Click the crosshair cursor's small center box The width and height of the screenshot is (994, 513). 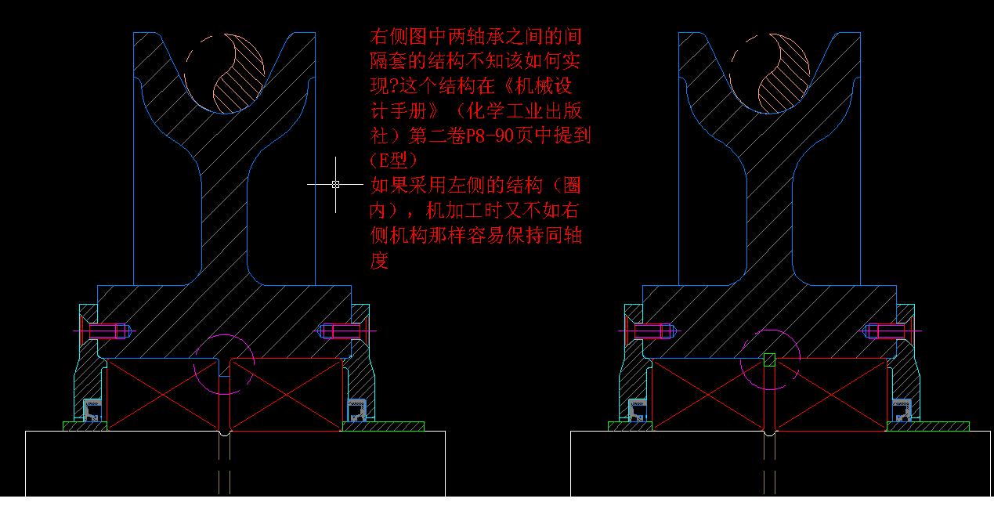tap(335, 184)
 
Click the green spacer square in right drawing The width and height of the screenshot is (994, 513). tap(769, 359)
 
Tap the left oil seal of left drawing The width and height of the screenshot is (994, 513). tap(92, 410)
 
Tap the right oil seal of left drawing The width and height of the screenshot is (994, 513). tap(356, 410)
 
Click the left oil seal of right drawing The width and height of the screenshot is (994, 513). tap(638, 410)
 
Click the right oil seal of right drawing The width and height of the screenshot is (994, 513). tap(902, 410)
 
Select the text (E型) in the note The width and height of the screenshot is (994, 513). tap(394, 161)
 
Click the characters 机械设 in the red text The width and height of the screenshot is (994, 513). tap(544, 85)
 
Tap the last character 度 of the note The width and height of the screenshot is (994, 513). tap(379, 261)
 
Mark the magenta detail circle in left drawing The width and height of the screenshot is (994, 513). tap(224, 364)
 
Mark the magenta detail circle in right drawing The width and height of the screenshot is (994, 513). tap(770, 360)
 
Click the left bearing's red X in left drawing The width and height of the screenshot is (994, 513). tap(163, 395)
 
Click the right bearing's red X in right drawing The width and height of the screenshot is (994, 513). tap(831, 395)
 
